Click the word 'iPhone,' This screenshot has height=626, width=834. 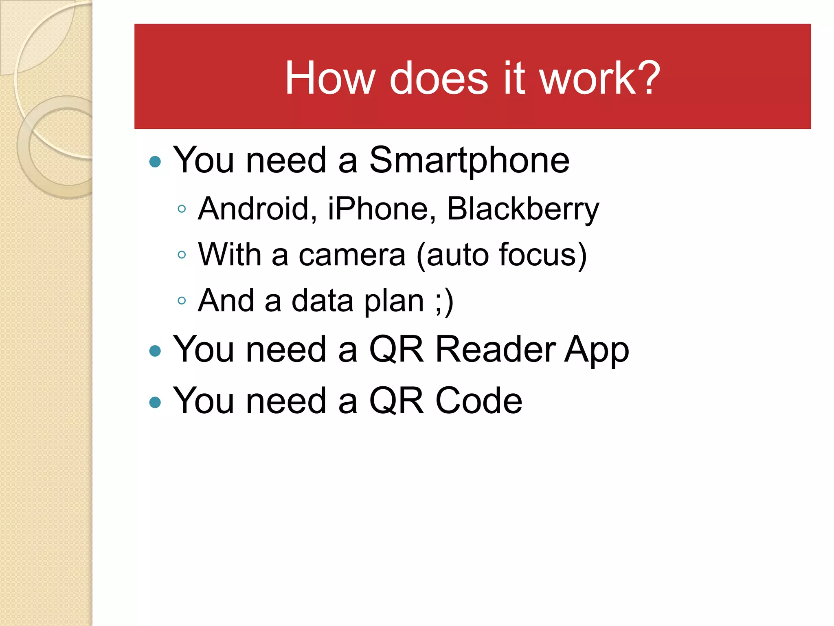pos(382,209)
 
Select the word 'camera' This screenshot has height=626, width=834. pos(352,255)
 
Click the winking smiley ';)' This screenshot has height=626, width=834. pos(444,301)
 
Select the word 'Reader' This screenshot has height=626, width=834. pos(496,349)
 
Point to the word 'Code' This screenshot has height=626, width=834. pos(479,401)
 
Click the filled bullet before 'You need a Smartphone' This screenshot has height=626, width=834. pos(155,162)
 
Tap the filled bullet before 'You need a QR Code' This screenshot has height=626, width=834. pos(155,402)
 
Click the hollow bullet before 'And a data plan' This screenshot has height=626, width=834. pos(182,301)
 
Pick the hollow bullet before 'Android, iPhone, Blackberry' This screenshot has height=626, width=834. pos(182,209)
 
